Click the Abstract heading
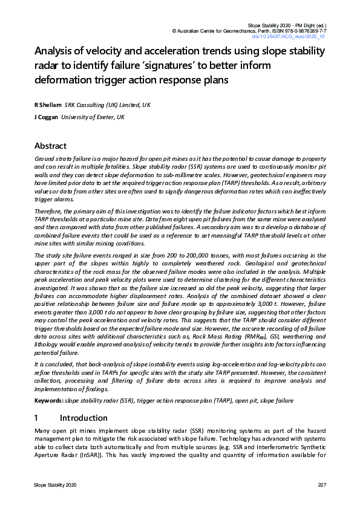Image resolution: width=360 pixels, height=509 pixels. click(x=50, y=146)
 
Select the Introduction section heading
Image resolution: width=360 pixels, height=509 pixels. click(x=84, y=418)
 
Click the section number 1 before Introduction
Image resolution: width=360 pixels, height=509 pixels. click(x=37, y=418)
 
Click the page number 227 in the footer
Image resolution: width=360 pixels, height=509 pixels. click(x=322, y=485)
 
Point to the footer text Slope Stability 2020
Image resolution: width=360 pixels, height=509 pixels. click(x=55, y=485)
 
